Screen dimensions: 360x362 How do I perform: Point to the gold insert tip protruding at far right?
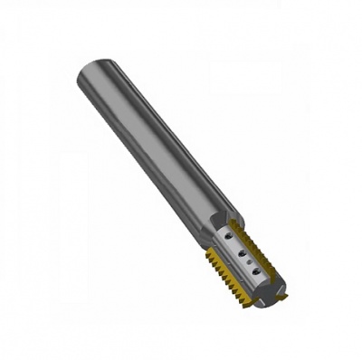(283, 296)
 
